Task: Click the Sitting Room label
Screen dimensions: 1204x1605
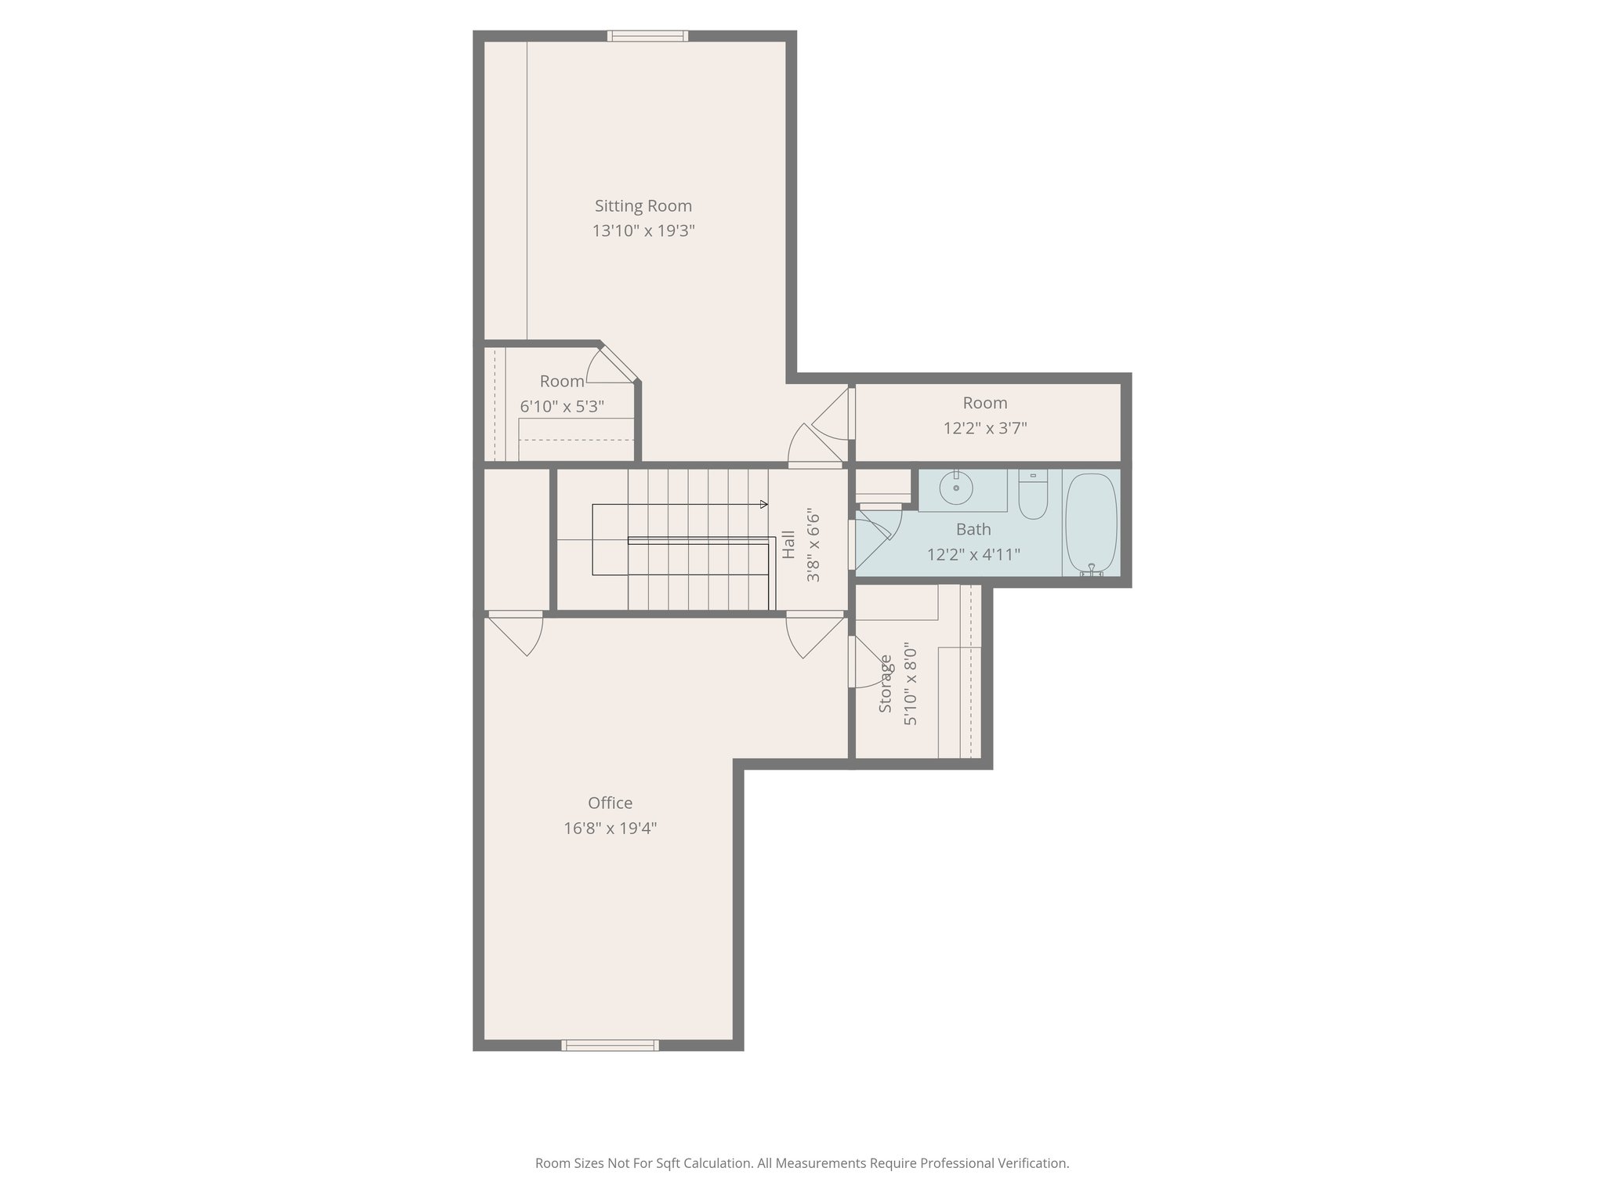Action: pyautogui.click(x=643, y=206)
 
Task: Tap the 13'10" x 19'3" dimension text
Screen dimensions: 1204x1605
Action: pyautogui.click(x=643, y=231)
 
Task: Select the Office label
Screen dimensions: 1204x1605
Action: pyautogui.click(x=610, y=803)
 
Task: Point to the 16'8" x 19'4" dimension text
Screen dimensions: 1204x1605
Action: pyautogui.click(x=610, y=829)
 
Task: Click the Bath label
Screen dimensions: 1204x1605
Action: pyautogui.click(x=973, y=530)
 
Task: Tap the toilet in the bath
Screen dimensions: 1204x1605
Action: pyautogui.click(x=1033, y=496)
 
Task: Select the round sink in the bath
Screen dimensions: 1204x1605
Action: pyautogui.click(x=956, y=489)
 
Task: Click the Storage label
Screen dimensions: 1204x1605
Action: pyautogui.click(x=886, y=684)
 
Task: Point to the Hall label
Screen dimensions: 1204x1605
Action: pyautogui.click(x=789, y=545)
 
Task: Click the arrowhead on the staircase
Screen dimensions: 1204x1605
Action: pyautogui.click(x=764, y=504)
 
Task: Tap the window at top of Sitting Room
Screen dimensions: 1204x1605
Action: pyautogui.click(x=648, y=36)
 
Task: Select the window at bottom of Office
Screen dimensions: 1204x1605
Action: pyautogui.click(x=610, y=1045)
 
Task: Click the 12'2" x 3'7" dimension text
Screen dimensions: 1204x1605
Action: pyautogui.click(x=984, y=429)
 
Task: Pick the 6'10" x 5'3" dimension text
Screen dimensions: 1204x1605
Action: pyautogui.click(x=562, y=407)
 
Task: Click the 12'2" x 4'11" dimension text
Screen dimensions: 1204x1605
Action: pyautogui.click(x=973, y=555)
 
